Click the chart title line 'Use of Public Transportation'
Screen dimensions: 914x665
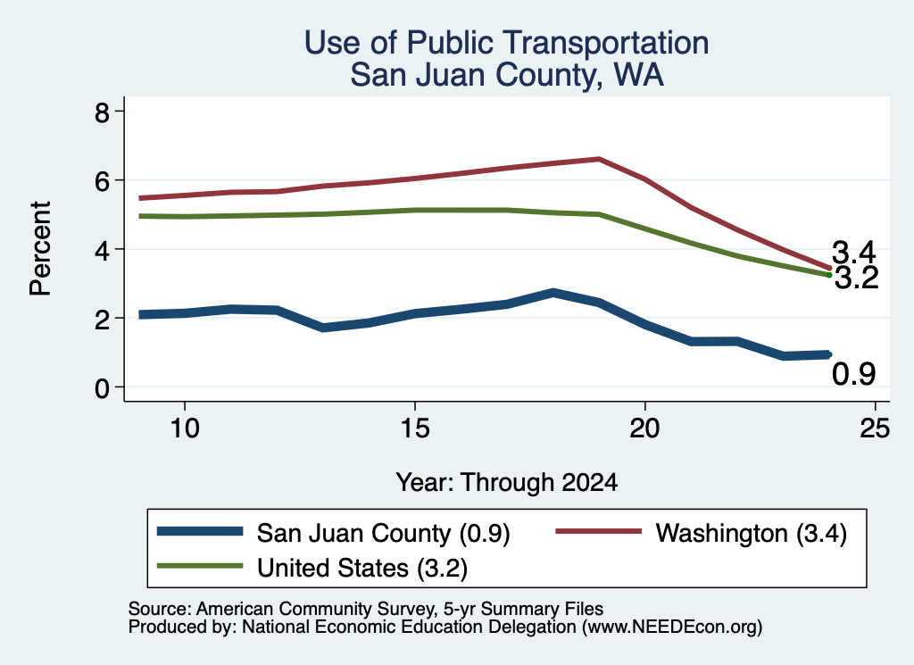[x=506, y=43]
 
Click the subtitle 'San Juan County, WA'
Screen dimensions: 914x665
[x=507, y=75]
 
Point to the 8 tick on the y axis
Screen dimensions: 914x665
[x=102, y=112]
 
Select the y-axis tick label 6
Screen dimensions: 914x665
[x=102, y=180]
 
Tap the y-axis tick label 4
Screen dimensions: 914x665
[x=102, y=249]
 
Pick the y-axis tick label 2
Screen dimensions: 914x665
[x=102, y=319]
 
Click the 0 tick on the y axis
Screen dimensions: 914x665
[x=102, y=387]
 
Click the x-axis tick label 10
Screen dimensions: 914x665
[x=185, y=428]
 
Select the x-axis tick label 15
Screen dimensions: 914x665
[x=415, y=428]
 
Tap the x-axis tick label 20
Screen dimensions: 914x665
[x=644, y=428]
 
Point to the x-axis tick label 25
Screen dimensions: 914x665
[x=875, y=428]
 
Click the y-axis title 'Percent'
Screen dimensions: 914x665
[x=40, y=249]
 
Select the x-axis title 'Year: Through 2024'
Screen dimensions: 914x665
[x=507, y=483]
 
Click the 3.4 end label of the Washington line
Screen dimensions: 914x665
[x=854, y=253]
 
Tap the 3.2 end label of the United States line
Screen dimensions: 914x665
[x=856, y=278]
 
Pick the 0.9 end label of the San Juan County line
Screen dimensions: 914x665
[x=854, y=374]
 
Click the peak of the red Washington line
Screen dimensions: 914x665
[x=599, y=159]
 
